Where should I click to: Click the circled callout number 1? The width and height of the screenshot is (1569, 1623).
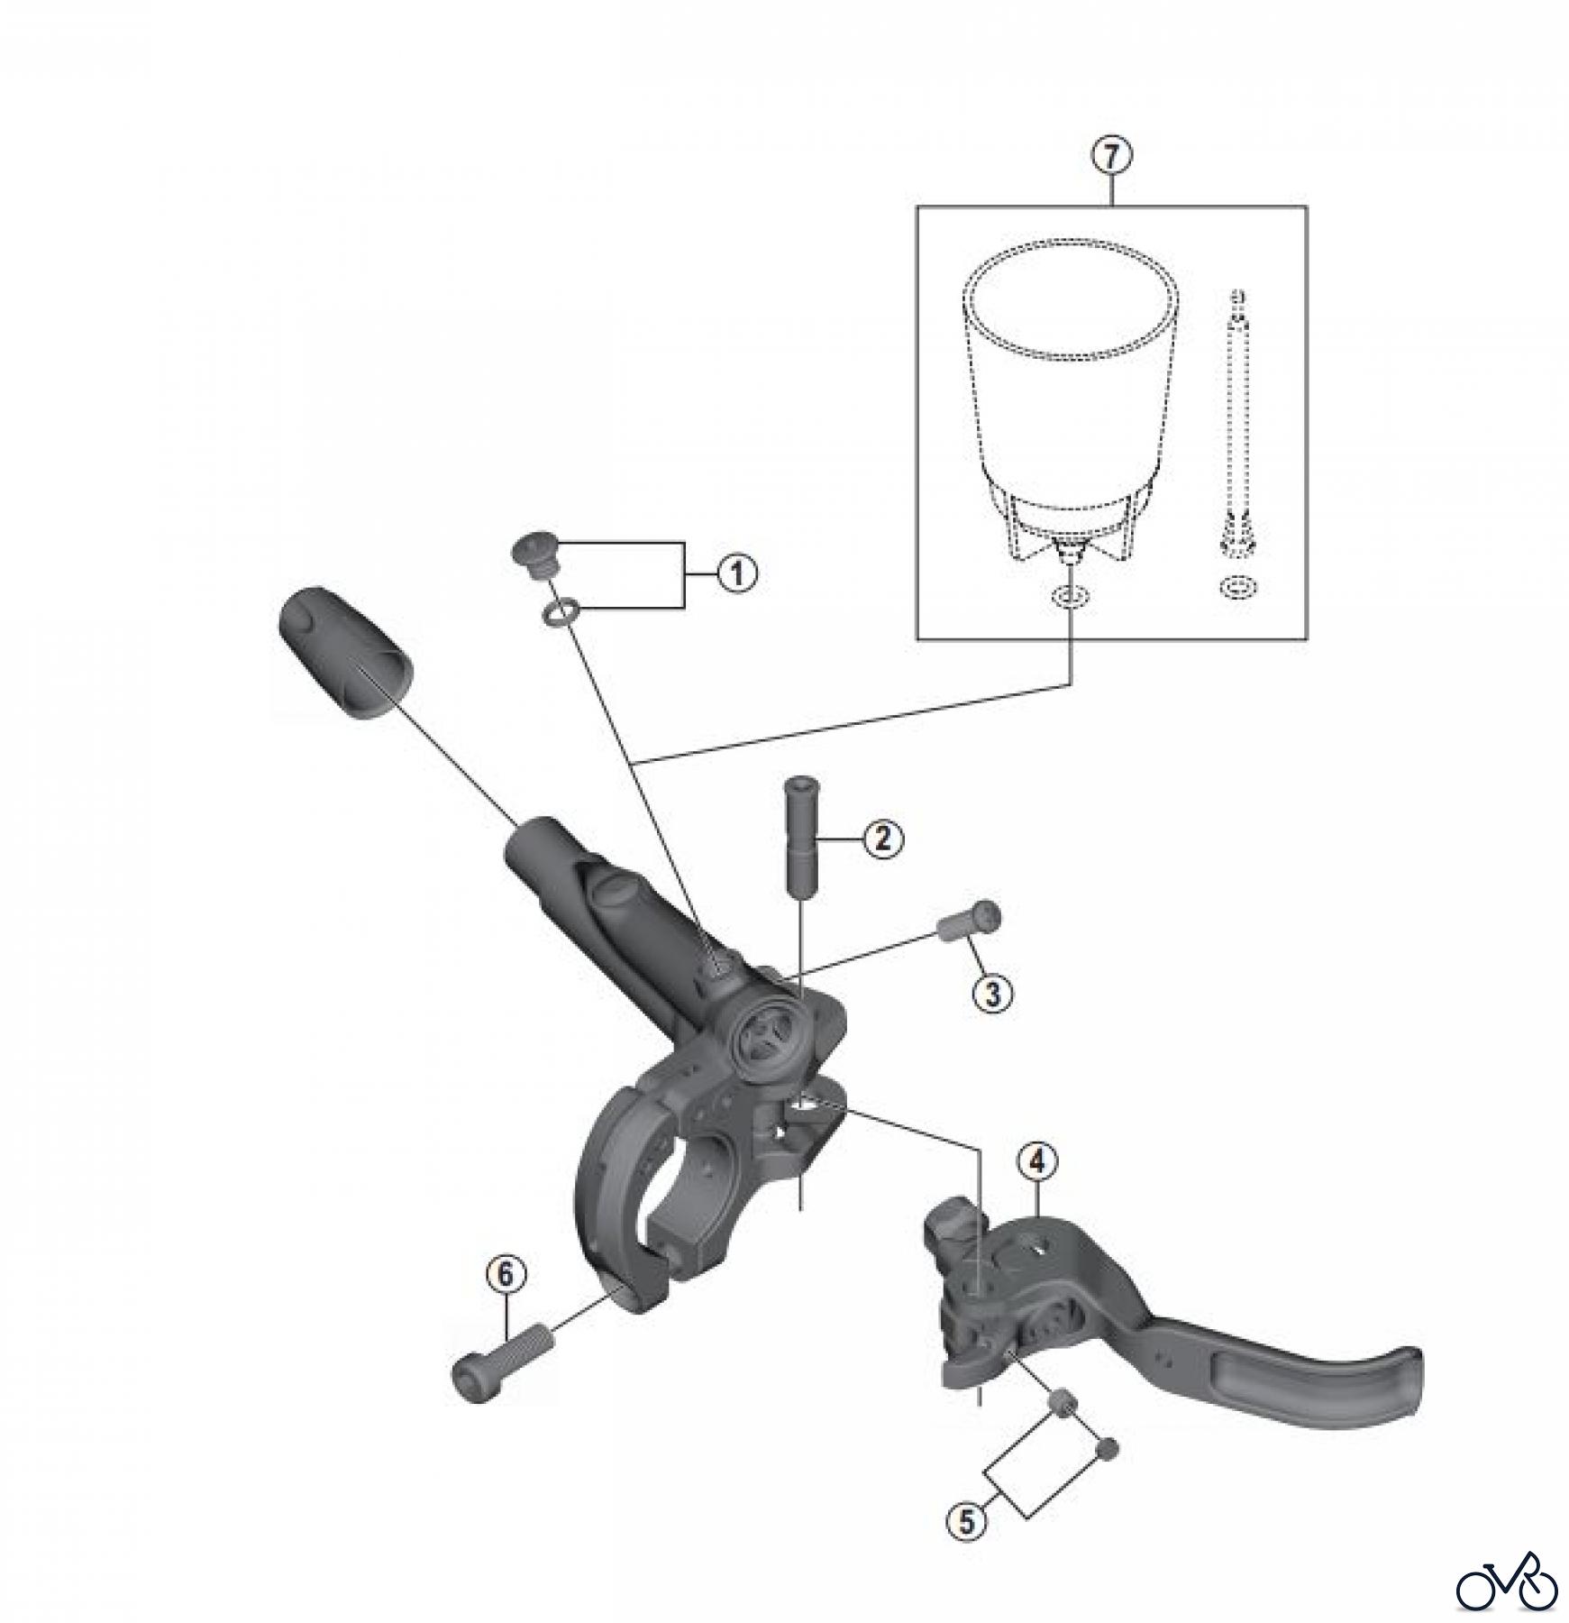tap(736, 573)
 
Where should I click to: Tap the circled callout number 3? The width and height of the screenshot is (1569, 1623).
tap(992, 993)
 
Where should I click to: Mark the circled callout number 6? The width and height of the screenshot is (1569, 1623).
tap(505, 1274)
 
